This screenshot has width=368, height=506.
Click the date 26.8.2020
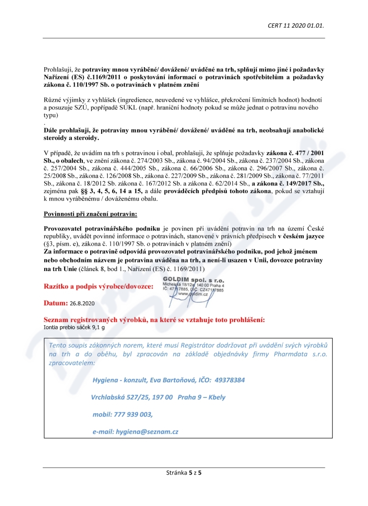(x=82, y=304)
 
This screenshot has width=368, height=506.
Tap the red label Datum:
(x=56, y=304)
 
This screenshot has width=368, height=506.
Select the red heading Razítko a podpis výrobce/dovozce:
(x=98, y=287)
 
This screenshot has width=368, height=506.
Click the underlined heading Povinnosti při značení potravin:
(x=90, y=214)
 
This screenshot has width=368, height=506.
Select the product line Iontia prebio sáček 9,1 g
(x=74, y=328)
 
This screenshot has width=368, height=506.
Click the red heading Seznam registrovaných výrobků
(x=154, y=320)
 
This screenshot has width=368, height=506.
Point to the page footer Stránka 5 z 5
(x=184, y=472)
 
